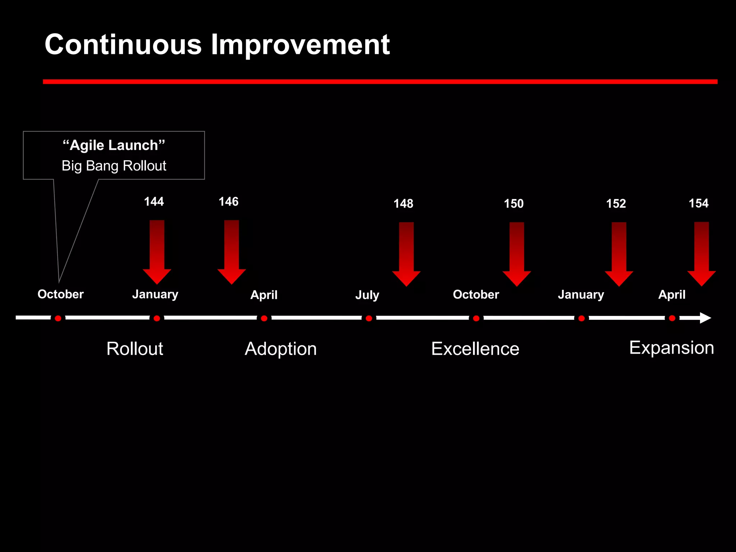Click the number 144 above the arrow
point(154,201)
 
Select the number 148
point(403,203)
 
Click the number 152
point(616,203)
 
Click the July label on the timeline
point(367,295)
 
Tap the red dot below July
point(369,318)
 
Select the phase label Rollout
point(135,349)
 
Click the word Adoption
point(281,349)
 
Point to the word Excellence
point(475,349)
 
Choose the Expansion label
point(671,348)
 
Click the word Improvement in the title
point(300,45)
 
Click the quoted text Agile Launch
point(114,145)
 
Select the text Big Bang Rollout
point(114,166)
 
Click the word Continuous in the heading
point(123,45)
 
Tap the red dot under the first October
point(58,318)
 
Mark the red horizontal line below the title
point(380,82)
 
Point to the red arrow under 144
point(157,252)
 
